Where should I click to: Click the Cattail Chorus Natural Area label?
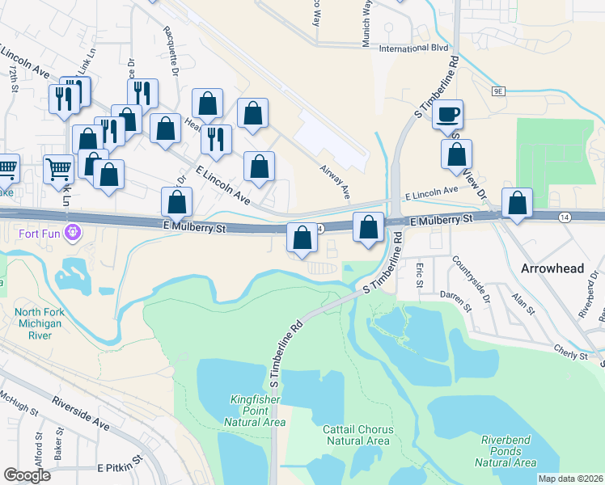coord(356,434)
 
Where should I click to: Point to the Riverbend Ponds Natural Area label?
coord(507,450)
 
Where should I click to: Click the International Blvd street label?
coord(412,48)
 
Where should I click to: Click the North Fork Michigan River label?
coord(40,324)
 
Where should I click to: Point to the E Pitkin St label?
coord(120,468)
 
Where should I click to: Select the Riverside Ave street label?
coord(79,412)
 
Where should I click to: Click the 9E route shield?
coord(497,92)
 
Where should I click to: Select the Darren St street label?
coord(455,302)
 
